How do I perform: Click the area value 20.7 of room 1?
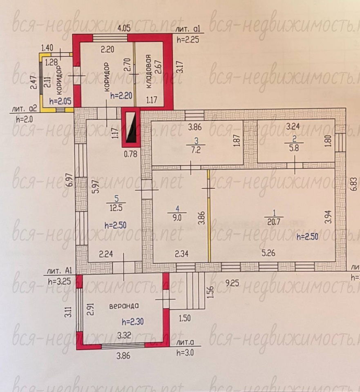(274, 222)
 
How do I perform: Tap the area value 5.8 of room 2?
(294, 148)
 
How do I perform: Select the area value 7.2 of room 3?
(196, 150)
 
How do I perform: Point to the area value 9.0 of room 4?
(177, 218)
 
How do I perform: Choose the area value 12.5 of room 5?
(116, 207)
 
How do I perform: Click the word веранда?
(124, 306)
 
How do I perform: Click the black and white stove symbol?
(131, 127)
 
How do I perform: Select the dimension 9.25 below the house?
(232, 283)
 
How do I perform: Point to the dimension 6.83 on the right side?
(353, 184)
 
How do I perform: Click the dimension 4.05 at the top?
(124, 28)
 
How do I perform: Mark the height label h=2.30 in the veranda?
(132, 321)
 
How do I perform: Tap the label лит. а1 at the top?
(188, 29)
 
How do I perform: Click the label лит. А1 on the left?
(59, 271)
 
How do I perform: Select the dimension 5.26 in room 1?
(268, 253)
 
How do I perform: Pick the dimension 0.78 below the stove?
(131, 154)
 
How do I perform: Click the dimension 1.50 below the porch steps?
(185, 318)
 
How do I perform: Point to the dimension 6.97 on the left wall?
(70, 180)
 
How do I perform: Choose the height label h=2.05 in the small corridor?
(60, 101)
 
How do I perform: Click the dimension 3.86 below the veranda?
(123, 356)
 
